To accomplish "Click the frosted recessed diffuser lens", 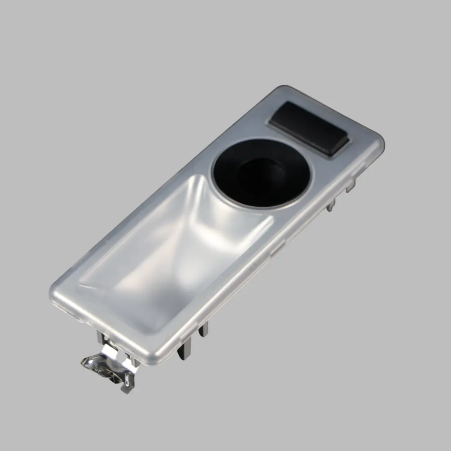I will [x=175, y=251].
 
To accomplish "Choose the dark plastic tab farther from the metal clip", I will [x=203, y=330].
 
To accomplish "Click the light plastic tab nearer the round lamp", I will [x=331, y=204].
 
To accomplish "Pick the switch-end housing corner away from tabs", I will [x=284, y=90].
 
